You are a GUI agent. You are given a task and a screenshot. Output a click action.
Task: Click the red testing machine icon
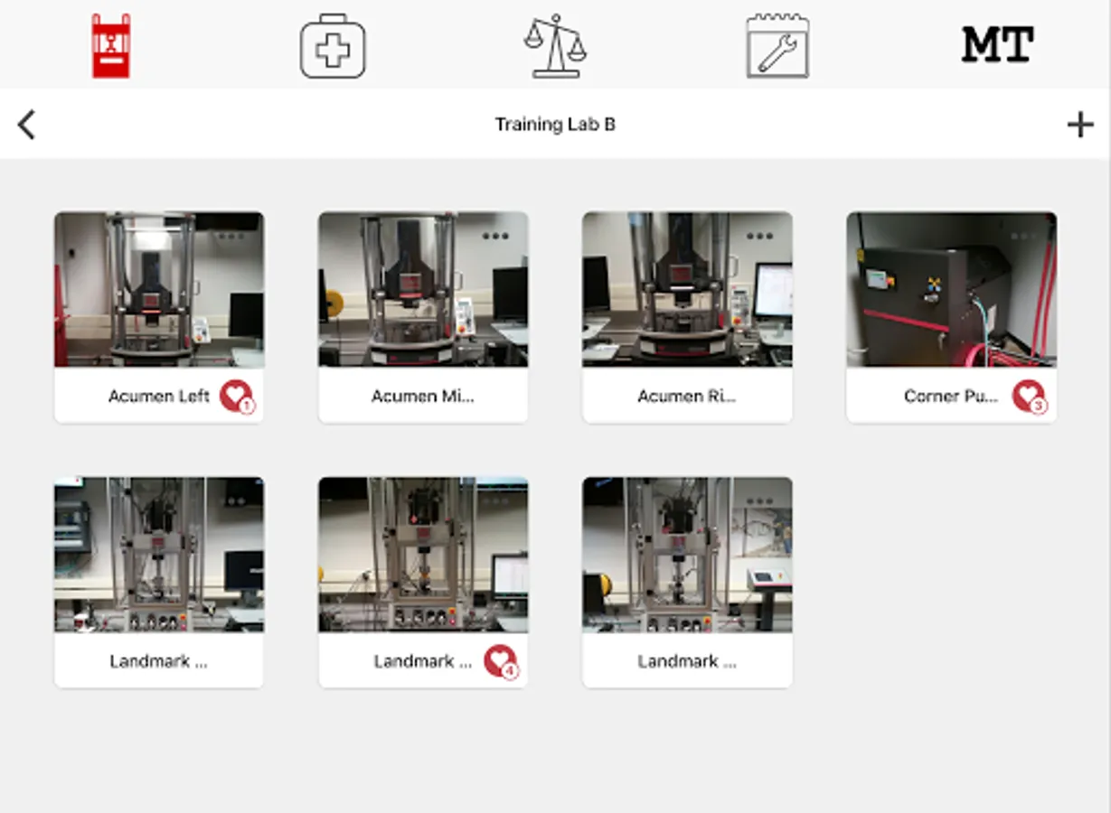[x=111, y=45]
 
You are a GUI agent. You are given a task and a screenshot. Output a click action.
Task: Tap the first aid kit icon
[x=333, y=46]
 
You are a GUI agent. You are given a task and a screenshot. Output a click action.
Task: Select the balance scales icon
[x=555, y=45]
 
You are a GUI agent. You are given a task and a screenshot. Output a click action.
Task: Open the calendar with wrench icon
[x=777, y=45]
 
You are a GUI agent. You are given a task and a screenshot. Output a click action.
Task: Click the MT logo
[x=998, y=44]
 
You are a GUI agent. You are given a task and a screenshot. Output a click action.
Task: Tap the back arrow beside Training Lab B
[x=26, y=125]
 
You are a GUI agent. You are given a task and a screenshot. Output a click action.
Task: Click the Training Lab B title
[x=555, y=125]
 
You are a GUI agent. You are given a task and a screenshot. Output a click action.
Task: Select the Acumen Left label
[x=159, y=396]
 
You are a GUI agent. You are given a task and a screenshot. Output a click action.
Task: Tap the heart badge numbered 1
[x=237, y=396]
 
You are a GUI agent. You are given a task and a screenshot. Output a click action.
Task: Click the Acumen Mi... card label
[x=422, y=396]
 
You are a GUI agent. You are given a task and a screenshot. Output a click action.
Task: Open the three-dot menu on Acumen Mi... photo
[x=495, y=236]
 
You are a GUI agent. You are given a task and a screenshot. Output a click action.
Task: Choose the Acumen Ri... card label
[x=687, y=396]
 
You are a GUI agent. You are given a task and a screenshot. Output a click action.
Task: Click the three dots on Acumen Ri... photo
[x=759, y=236]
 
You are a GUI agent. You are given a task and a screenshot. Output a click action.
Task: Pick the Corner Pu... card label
[x=951, y=396]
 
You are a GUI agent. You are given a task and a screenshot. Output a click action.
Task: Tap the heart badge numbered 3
[x=1030, y=396]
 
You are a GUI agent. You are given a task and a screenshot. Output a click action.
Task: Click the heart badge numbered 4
[x=501, y=661]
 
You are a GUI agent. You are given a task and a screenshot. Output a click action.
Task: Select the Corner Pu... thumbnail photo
[x=951, y=289]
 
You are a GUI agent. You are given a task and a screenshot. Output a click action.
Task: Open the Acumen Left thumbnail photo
[x=159, y=289]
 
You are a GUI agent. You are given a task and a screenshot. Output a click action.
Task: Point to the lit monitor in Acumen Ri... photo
[x=774, y=291]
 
